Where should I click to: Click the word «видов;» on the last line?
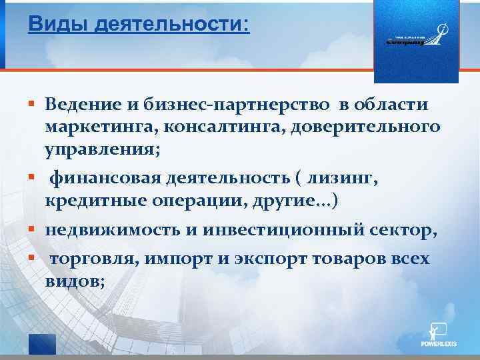75,281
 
